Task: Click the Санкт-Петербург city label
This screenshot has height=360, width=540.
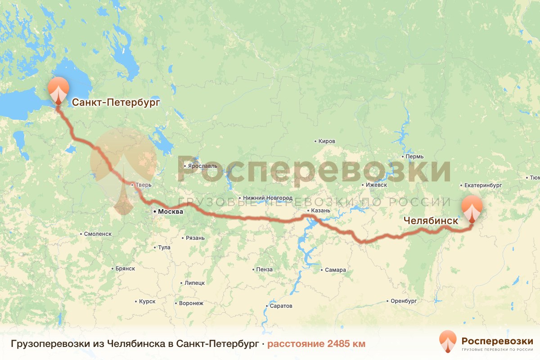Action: coord(116,103)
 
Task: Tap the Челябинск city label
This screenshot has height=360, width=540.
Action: coord(431,221)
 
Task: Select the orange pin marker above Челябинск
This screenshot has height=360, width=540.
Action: coord(472,208)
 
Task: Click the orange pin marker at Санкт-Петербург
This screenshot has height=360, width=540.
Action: coord(58,90)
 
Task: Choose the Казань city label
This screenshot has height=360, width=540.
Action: coord(320,211)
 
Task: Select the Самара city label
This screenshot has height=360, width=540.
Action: coord(335,270)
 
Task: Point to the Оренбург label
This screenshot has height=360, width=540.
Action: coord(402,301)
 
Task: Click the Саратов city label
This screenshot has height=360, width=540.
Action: coord(281,306)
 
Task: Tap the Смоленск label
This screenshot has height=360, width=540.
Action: coord(98,234)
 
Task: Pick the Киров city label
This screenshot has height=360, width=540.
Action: coord(327,141)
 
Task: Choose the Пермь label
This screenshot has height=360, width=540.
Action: coord(414,157)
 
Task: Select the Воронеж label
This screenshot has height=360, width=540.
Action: coord(191,303)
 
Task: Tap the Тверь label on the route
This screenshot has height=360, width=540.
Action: coord(144,185)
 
